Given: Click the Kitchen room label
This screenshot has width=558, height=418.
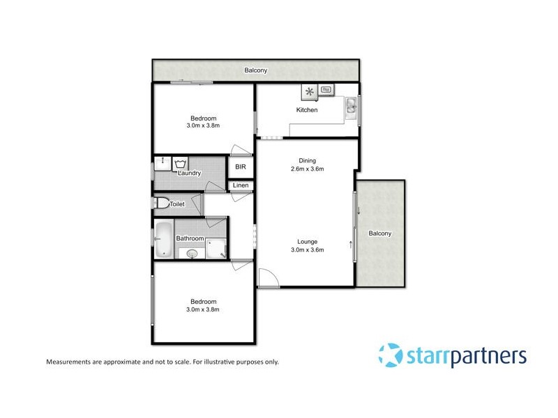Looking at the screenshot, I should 307,110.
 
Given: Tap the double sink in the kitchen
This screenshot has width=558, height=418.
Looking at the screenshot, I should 352,106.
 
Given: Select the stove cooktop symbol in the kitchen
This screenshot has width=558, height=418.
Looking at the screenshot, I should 309,91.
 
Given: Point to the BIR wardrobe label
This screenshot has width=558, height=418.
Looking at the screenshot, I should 241,167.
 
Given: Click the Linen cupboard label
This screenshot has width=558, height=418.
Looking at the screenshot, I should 240,185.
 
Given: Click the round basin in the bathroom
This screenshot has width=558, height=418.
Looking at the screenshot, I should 193,254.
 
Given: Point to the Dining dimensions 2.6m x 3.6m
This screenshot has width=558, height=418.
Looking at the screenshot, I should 307,169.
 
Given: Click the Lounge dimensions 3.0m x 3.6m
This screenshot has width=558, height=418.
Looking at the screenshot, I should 307,249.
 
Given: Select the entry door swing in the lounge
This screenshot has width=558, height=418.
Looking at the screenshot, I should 268,278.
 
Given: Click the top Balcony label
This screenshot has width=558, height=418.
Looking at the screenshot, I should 255,70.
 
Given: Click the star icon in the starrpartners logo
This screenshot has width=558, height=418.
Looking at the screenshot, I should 390,355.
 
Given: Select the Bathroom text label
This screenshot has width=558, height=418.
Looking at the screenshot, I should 190,238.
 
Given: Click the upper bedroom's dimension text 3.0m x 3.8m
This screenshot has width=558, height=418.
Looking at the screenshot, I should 203,126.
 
